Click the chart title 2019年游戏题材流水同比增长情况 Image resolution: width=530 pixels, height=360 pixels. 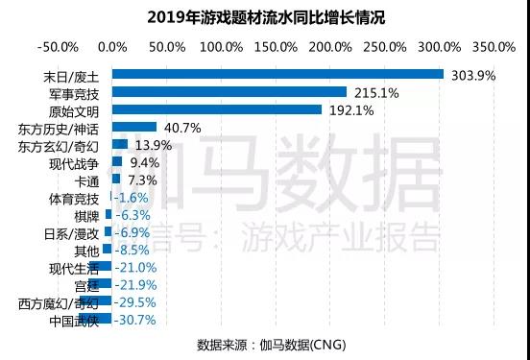[x=264, y=17]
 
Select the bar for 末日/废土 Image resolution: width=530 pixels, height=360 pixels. [x=277, y=74]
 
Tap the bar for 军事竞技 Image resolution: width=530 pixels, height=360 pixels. [x=229, y=91]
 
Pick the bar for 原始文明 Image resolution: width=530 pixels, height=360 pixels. [x=217, y=109]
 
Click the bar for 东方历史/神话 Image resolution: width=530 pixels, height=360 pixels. [x=134, y=127]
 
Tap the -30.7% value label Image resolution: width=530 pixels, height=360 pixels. [x=137, y=319]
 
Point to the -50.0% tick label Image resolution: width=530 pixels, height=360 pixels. [x=57, y=45]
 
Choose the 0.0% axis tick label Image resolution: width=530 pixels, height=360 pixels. [x=112, y=45]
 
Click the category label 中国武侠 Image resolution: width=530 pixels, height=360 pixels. [x=73, y=320]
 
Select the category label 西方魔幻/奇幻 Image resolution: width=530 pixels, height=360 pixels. [x=58, y=302]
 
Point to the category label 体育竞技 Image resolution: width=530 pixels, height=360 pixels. [x=73, y=198]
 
